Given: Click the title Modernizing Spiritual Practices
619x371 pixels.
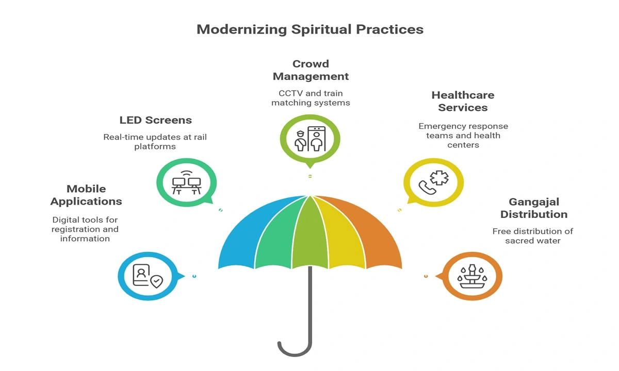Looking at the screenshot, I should click(310, 29).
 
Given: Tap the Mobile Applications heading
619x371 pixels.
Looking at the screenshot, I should click(87, 195).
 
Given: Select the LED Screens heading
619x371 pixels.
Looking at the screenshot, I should click(155, 120).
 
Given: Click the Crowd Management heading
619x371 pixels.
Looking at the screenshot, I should click(311, 70).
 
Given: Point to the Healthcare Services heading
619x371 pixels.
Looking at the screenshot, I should click(463, 101).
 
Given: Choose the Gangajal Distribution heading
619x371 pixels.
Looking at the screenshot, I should click(533, 208).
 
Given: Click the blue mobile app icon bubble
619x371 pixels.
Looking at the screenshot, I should click(148, 277).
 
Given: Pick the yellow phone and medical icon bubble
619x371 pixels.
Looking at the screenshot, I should click(432, 182).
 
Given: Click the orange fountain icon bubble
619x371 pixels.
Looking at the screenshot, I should click(473, 276).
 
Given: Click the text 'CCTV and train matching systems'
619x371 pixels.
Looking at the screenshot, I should click(311, 97).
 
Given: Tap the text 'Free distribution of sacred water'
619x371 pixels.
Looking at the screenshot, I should click(533, 236).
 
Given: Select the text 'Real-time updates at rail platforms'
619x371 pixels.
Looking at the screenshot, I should click(155, 142).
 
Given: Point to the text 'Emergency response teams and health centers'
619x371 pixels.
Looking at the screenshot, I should click(463, 136).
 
